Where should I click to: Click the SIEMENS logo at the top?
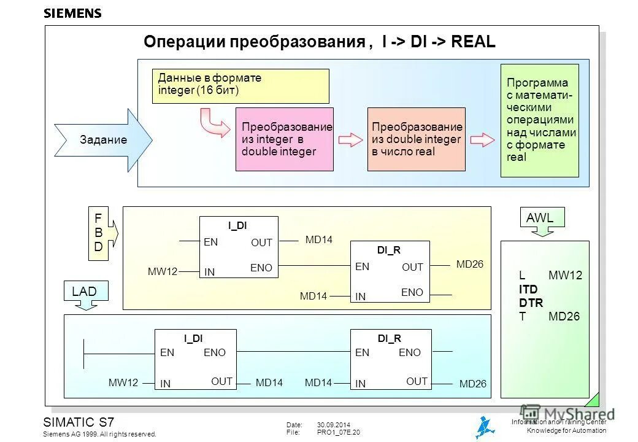click(72, 14)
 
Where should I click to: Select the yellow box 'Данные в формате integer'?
click(240, 86)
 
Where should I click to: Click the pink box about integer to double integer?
click(285, 139)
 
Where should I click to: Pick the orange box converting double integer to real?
click(416, 139)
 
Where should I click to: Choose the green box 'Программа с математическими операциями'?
click(539, 120)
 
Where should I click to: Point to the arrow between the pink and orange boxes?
click(350, 139)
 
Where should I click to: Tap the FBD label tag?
click(99, 233)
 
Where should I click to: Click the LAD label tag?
click(85, 292)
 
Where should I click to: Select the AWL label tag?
click(541, 218)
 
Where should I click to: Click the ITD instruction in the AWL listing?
click(528, 289)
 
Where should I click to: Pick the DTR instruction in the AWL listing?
click(531, 303)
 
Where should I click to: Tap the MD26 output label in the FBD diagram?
click(470, 264)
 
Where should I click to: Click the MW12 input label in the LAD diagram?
click(124, 382)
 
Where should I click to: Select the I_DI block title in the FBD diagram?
click(237, 225)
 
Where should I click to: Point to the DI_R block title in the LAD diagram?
click(390, 338)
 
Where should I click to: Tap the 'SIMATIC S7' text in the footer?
click(79, 422)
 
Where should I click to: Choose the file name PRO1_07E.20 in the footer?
click(339, 432)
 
